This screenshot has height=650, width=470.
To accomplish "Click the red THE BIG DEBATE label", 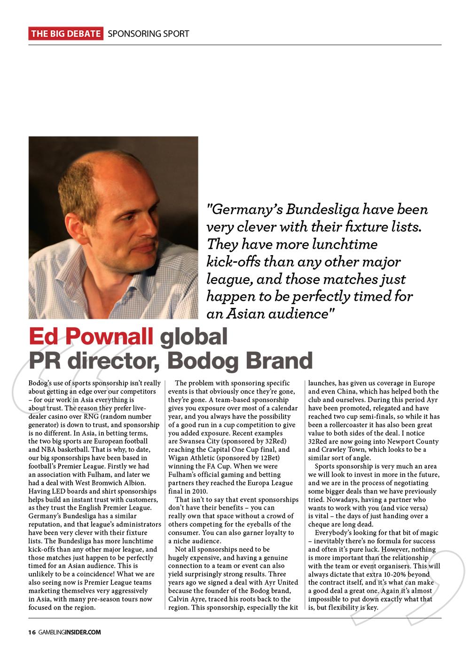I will tap(66, 33).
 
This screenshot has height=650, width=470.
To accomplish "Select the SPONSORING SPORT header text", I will tap(149, 33).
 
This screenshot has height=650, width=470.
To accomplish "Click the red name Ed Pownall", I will tap(91, 338).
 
